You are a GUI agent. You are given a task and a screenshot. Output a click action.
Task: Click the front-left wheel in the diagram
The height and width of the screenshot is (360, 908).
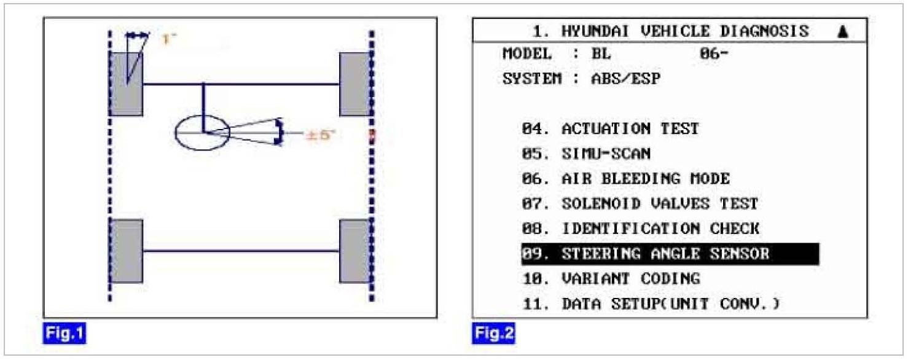tap(127, 84)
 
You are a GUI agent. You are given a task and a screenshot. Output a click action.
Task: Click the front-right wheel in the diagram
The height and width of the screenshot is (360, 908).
tap(355, 84)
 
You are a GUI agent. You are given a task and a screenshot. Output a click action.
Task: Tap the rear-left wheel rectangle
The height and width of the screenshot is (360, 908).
tap(127, 251)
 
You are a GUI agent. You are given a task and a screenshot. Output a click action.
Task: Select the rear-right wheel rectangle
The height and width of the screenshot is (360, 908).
tap(355, 251)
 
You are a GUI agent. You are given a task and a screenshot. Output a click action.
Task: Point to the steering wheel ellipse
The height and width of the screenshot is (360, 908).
tap(202, 132)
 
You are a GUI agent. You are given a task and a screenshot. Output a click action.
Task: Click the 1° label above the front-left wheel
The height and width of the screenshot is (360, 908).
tap(168, 39)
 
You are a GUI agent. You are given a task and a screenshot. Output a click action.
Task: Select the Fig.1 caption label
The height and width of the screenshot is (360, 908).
tap(64, 334)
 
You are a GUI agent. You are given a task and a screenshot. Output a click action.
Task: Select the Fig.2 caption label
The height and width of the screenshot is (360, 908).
tap(493, 334)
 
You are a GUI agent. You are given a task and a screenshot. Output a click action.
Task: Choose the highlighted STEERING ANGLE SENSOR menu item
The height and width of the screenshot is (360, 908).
tap(670, 254)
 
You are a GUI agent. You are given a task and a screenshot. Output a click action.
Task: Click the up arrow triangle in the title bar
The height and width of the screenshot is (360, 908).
tap(842, 32)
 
